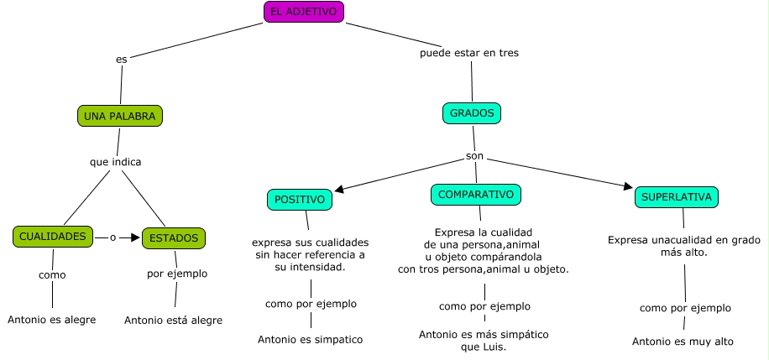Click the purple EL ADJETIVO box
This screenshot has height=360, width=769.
pyautogui.click(x=303, y=12)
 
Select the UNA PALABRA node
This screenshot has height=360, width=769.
pyautogui.click(x=119, y=116)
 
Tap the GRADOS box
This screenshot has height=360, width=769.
pyautogui.click(x=471, y=112)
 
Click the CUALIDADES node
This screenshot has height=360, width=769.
pyautogui.click(x=52, y=237)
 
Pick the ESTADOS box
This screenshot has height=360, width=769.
pyautogui.click(x=174, y=238)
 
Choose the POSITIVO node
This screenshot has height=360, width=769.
pyautogui.click(x=300, y=200)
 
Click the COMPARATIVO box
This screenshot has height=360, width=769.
pyautogui.click(x=476, y=195)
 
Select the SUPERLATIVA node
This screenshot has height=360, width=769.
pyautogui.click(x=677, y=198)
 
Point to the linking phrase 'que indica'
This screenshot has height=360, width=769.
pyautogui.click(x=115, y=161)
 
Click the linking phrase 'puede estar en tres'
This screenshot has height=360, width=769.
pyautogui.click(x=469, y=53)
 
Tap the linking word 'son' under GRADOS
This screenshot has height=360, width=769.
pyautogui.click(x=475, y=157)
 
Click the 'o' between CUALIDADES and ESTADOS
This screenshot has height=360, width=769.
pyautogui.click(x=112, y=237)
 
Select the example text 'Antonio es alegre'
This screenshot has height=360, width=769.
pyautogui.click(x=51, y=320)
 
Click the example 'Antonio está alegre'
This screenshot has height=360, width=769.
pyautogui.click(x=173, y=320)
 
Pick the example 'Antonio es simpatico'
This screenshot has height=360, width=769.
pyautogui.click(x=311, y=340)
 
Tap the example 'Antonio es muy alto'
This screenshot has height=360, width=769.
pyautogui.click(x=683, y=342)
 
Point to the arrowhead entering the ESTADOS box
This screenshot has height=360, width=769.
pyautogui.click(x=135, y=237)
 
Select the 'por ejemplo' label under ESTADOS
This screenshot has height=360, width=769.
pyautogui.click(x=176, y=274)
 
